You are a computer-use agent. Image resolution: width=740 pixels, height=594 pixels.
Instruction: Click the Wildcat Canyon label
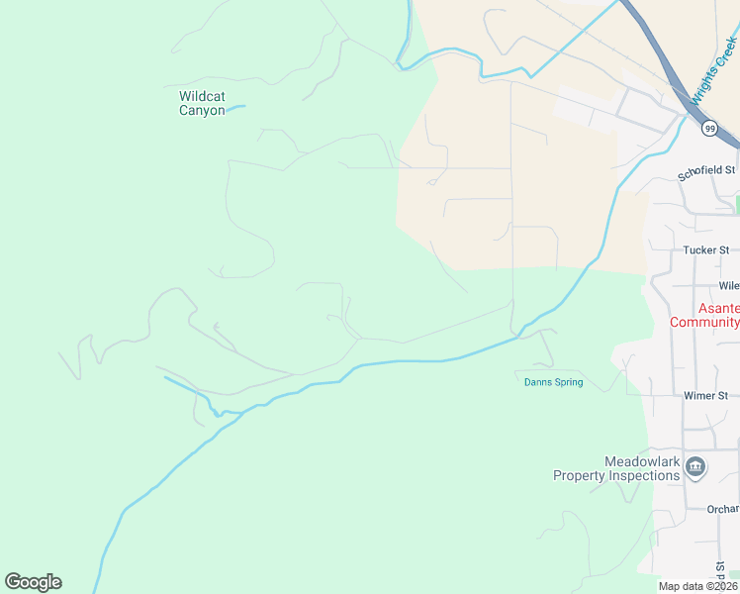click(202, 103)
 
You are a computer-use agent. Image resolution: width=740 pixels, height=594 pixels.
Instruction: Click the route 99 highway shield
click(709, 129)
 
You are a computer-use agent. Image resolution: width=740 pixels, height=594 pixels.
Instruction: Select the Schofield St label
click(707, 171)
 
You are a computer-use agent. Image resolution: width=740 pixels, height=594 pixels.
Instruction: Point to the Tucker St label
click(705, 250)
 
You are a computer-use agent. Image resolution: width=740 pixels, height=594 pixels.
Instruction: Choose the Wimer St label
click(705, 395)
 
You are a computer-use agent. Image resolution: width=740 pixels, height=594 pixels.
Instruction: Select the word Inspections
click(643, 475)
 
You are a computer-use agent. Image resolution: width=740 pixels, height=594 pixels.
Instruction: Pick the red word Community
click(704, 322)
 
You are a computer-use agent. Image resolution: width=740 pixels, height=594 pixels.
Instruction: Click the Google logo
click(33, 582)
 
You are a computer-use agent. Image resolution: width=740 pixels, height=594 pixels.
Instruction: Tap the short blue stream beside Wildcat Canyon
click(235, 107)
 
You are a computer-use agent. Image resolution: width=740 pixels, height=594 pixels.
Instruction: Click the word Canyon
click(202, 110)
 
